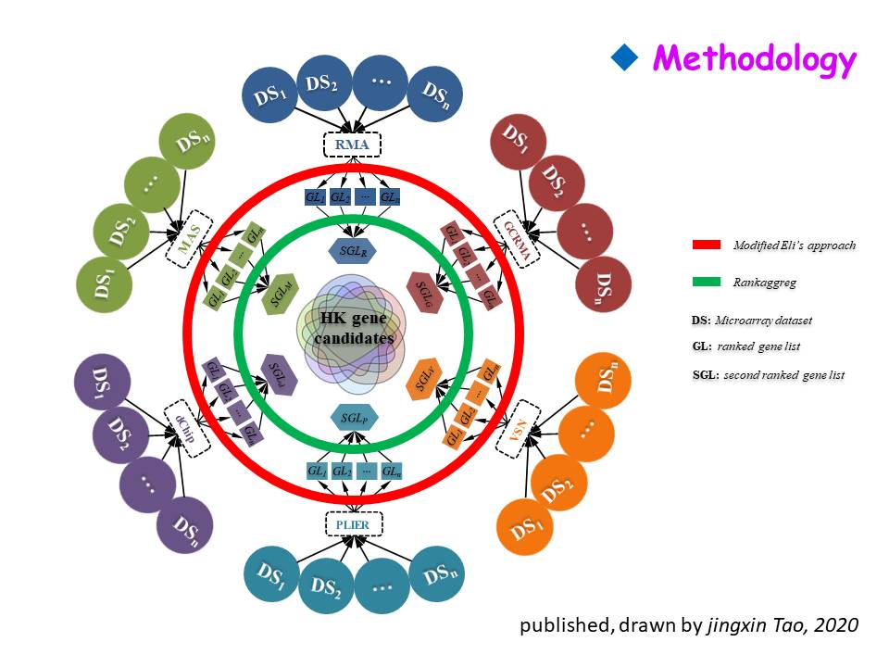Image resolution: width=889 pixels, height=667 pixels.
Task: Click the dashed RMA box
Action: pyautogui.click(x=352, y=145)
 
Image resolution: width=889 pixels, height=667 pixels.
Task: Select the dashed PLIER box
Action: pyautogui.click(x=354, y=525)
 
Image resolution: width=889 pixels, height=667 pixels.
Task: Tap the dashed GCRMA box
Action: pyautogui.click(x=516, y=240)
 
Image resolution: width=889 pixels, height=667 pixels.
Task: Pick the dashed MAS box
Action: pyautogui.click(x=191, y=241)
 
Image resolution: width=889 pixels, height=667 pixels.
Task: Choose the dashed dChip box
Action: pyautogui.click(x=188, y=428)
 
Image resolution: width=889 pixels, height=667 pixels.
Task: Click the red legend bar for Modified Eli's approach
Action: pyautogui.click(x=707, y=245)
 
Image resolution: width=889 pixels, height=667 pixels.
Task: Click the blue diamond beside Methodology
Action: pyautogui.click(x=626, y=59)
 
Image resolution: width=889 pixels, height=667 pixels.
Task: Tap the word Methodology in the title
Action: pyautogui.click(x=754, y=59)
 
